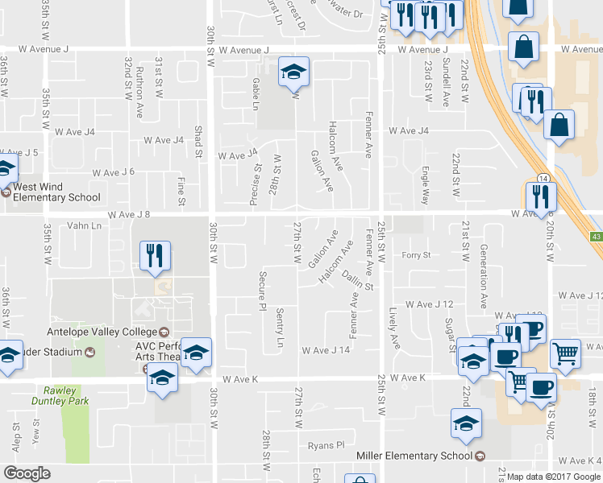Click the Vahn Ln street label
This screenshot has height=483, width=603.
pyautogui.click(x=85, y=226)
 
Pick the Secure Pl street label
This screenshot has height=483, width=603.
pyautogui.click(x=262, y=291)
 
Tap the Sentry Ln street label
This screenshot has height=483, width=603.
pyautogui.click(x=281, y=328)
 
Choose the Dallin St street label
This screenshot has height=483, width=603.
pyautogui.click(x=359, y=281)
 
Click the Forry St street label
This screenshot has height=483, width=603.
pyautogui.click(x=417, y=255)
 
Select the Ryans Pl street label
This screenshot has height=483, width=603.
pyautogui.click(x=326, y=444)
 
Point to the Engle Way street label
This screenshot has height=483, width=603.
pyautogui.click(x=425, y=186)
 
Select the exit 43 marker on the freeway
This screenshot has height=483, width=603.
pyautogui.click(x=596, y=236)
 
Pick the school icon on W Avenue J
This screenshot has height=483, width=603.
pyautogui.click(x=293, y=72)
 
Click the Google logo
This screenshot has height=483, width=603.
pyautogui.click(x=27, y=473)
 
